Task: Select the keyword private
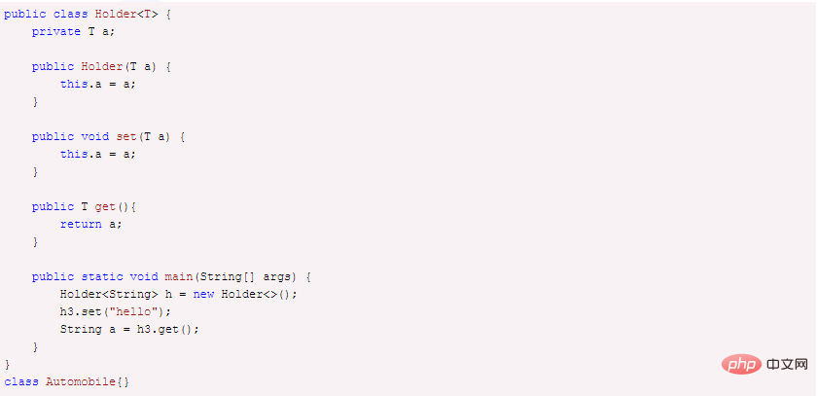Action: point(55,32)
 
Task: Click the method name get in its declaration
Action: point(105,206)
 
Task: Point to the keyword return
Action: point(81,225)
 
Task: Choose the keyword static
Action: point(102,276)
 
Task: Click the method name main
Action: point(179,276)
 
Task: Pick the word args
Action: point(276,277)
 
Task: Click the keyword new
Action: point(203,294)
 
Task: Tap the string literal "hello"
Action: point(137,312)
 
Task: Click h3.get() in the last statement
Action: point(164,329)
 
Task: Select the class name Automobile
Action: point(81,382)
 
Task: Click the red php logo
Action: point(742,364)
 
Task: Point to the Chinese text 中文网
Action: point(788,364)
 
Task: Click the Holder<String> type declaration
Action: point(109,294)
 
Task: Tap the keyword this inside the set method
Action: point(74,154)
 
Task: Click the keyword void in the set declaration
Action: point(95,136)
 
